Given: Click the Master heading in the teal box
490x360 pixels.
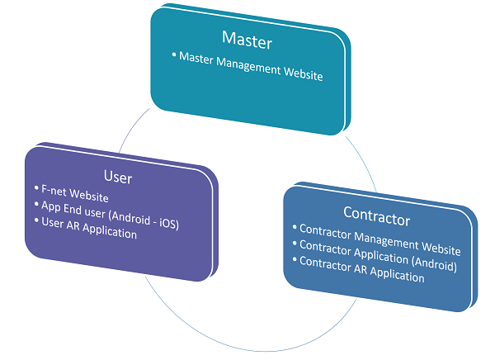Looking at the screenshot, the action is (x=247, y=40).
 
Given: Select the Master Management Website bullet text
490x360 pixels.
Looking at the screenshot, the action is (x=251, y=66).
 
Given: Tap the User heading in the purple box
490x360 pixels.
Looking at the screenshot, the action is (x=118, y=177).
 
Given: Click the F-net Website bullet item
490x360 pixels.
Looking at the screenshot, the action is (x=75, y=193).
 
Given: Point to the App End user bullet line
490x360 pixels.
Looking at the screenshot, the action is (x=110, y=216).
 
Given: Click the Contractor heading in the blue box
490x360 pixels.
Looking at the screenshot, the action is (x=376, y=216).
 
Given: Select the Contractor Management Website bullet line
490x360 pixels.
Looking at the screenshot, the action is (x=380, y=239).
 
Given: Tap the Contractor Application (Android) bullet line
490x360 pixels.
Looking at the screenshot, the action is (x=378, y=255).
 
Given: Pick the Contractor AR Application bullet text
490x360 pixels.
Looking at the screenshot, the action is (x=362, y=269).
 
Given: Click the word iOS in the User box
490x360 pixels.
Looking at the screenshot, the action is (x=168, y=223).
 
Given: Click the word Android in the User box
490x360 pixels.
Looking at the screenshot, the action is (x=130, y=217).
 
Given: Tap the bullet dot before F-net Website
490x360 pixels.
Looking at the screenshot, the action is (x=36, y=187).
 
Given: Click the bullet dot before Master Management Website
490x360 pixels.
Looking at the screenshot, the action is (x=174, y=54).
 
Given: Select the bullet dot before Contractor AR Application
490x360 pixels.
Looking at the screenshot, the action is (x=294, y=259).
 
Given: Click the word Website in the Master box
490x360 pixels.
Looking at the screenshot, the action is (x=303, y=73).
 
